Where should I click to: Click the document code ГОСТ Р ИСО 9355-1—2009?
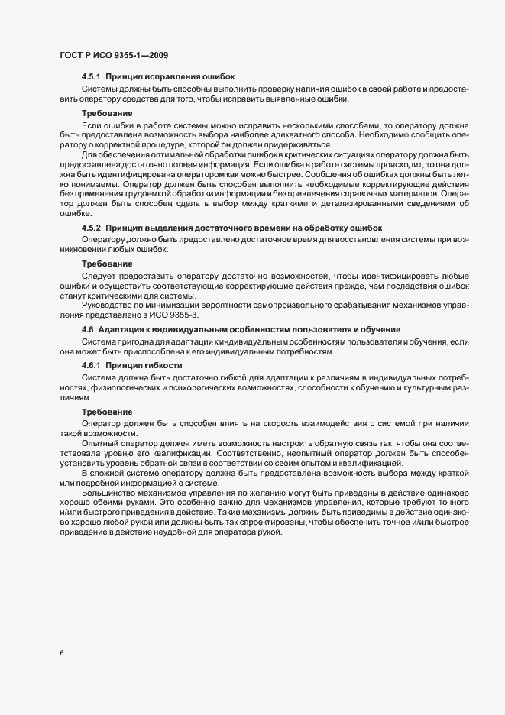(x=114, y=55)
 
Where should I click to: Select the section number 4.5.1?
(x=91, y=77)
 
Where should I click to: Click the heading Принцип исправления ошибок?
(x=170, y=77)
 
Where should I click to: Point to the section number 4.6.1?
(x=91, y=366)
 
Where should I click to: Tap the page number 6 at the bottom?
(x=61, y=654)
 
